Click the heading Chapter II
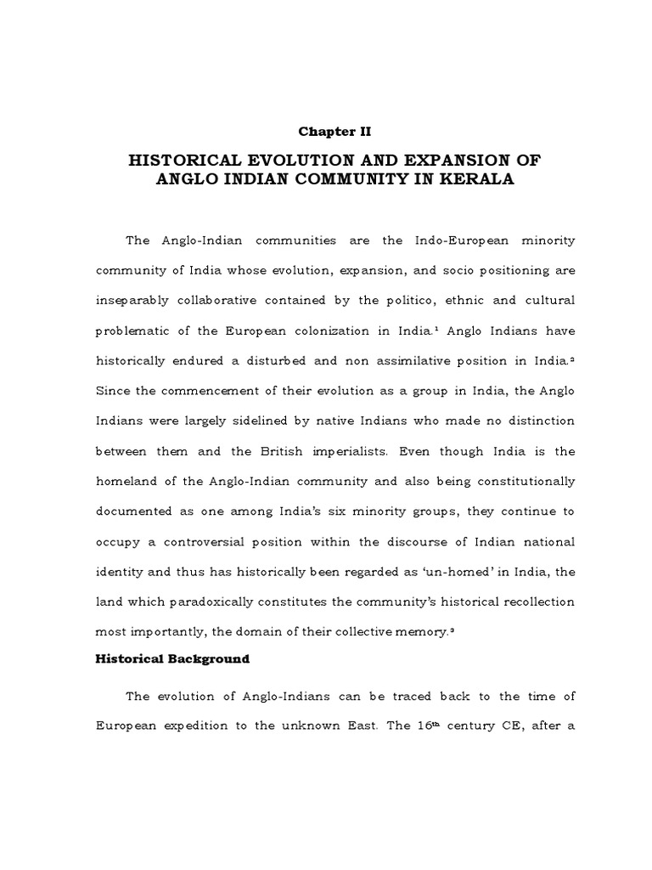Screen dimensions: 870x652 334,131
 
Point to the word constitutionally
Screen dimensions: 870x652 520,482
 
